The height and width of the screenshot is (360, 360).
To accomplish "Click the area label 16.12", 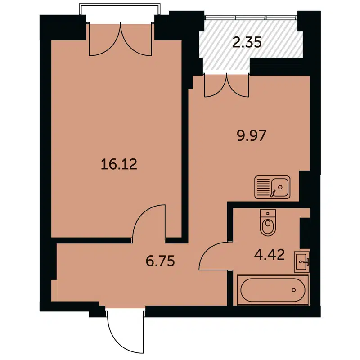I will coord(119,165).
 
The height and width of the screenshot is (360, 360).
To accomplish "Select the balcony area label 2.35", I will coord(247,43).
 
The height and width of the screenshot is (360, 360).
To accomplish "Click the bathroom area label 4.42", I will coord(269,256).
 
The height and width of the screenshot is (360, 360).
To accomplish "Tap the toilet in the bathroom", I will coord(267,225).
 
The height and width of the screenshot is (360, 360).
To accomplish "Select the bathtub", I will coord(274,290).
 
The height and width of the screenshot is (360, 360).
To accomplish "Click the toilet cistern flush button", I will coord(267,213).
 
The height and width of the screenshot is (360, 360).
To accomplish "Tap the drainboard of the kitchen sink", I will coord(263,186).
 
